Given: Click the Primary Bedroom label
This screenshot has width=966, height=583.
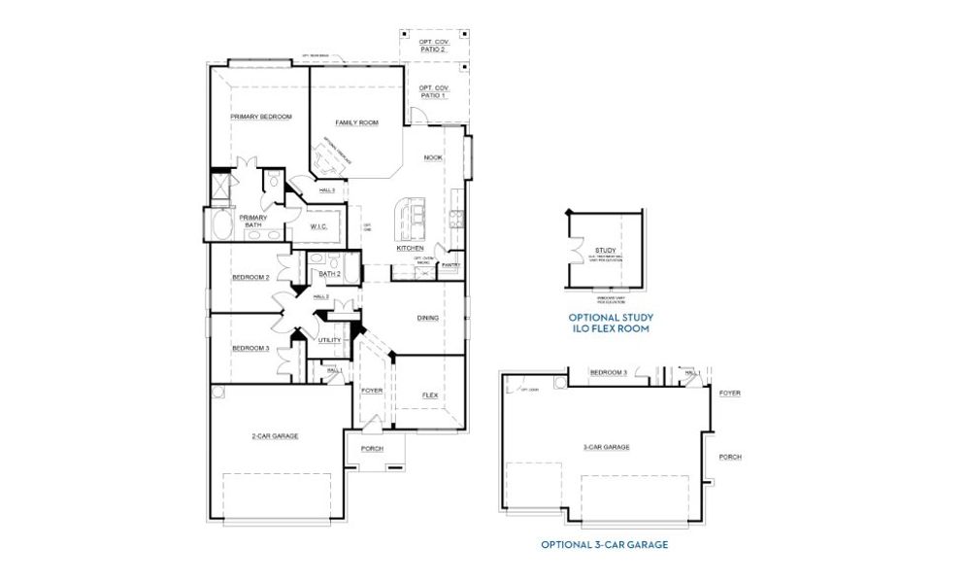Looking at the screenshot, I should [260, 117].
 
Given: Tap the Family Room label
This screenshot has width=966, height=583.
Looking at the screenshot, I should [356, 123].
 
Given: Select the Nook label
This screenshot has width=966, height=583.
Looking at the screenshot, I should [433, 157].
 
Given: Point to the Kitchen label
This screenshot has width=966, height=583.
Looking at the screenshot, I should [410, 248].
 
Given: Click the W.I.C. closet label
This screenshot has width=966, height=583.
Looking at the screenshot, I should [319, 226].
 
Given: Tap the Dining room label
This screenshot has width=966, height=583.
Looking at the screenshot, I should [427, 318].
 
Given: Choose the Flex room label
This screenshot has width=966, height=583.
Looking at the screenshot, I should [429, 395].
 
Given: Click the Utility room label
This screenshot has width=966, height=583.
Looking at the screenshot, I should [328, 341].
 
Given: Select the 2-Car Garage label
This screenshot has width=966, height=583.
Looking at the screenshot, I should [275, 436].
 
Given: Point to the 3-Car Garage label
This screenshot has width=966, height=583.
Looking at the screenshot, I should [606, 447].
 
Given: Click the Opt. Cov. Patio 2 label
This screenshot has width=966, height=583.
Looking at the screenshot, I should [433, 45].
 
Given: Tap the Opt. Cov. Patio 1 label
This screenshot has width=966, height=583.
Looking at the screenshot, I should [433, 91].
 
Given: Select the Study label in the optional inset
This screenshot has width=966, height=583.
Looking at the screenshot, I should [605, 252].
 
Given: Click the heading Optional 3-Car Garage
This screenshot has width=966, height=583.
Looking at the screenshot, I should [604, 545].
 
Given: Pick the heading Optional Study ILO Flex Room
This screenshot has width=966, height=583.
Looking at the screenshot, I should [611, 324].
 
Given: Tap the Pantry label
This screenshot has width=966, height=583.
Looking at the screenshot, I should [450, 264].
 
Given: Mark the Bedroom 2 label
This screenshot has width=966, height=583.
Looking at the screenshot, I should [250, 278].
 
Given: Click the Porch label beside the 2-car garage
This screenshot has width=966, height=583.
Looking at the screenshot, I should [371, 448].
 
